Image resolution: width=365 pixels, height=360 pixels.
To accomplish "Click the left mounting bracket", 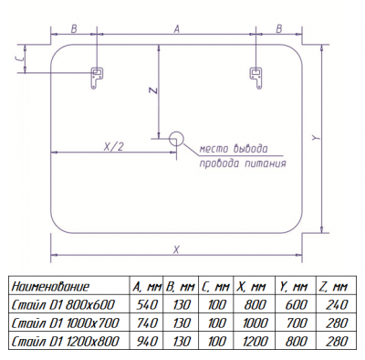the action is (97, 78).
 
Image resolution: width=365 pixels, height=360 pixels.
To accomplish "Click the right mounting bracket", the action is (256, 78).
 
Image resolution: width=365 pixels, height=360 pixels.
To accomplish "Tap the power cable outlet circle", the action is (176, 139).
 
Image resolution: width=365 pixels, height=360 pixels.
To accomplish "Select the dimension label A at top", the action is (177, 29).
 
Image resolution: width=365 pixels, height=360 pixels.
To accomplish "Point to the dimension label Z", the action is (154, 90).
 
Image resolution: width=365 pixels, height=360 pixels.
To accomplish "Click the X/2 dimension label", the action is (114, 147).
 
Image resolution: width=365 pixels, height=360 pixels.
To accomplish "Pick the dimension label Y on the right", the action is (317, 138).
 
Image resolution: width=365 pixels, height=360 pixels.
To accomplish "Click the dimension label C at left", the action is (19, 58).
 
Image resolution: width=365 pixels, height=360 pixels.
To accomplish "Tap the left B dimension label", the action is (74, 29).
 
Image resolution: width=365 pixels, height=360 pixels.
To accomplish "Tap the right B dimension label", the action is (279, 29).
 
